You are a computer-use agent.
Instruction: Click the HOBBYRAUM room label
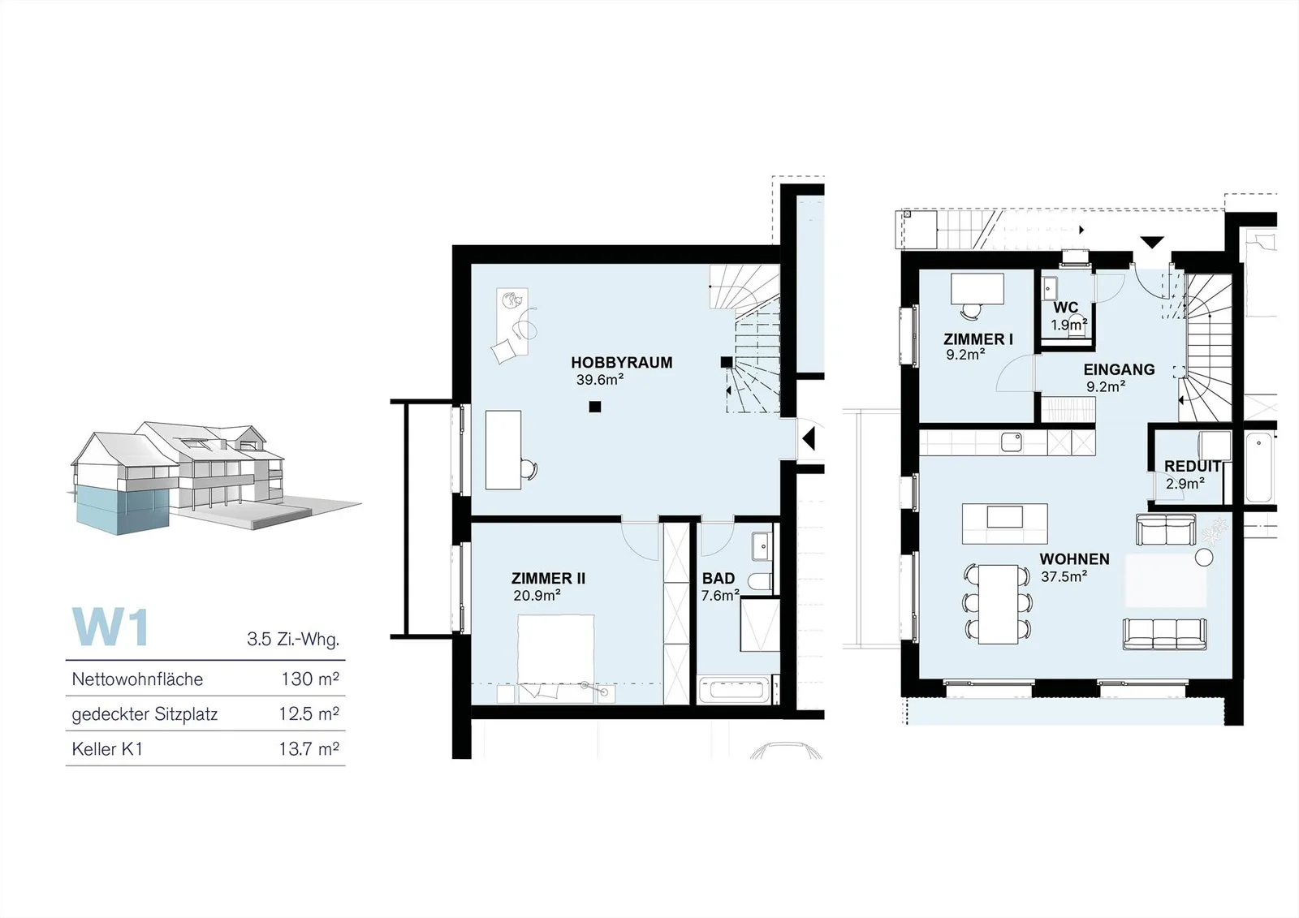point(622,363)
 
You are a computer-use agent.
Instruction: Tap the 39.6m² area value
point(600,380)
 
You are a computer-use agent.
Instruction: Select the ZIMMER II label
point(548,578)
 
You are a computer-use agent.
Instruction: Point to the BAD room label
point(719,578)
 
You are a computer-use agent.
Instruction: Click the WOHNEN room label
point(1075,559)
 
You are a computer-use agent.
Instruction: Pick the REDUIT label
point(1193,466)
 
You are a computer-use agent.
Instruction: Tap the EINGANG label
point(1120,369)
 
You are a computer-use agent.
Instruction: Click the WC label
point(1066,308)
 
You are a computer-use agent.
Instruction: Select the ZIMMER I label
point(978,339)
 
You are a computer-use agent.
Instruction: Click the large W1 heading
point(110,627)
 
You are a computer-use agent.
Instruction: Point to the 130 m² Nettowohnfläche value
point(310,679)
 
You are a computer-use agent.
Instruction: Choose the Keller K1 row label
point(107,749)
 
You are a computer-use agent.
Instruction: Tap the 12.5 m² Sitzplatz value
point(309,714)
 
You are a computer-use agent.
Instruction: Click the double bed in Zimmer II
point(555,657)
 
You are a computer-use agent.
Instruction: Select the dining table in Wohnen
point(998,604)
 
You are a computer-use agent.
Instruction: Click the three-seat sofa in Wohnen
point(1165,635)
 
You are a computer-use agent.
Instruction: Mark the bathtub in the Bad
point(736,690)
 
